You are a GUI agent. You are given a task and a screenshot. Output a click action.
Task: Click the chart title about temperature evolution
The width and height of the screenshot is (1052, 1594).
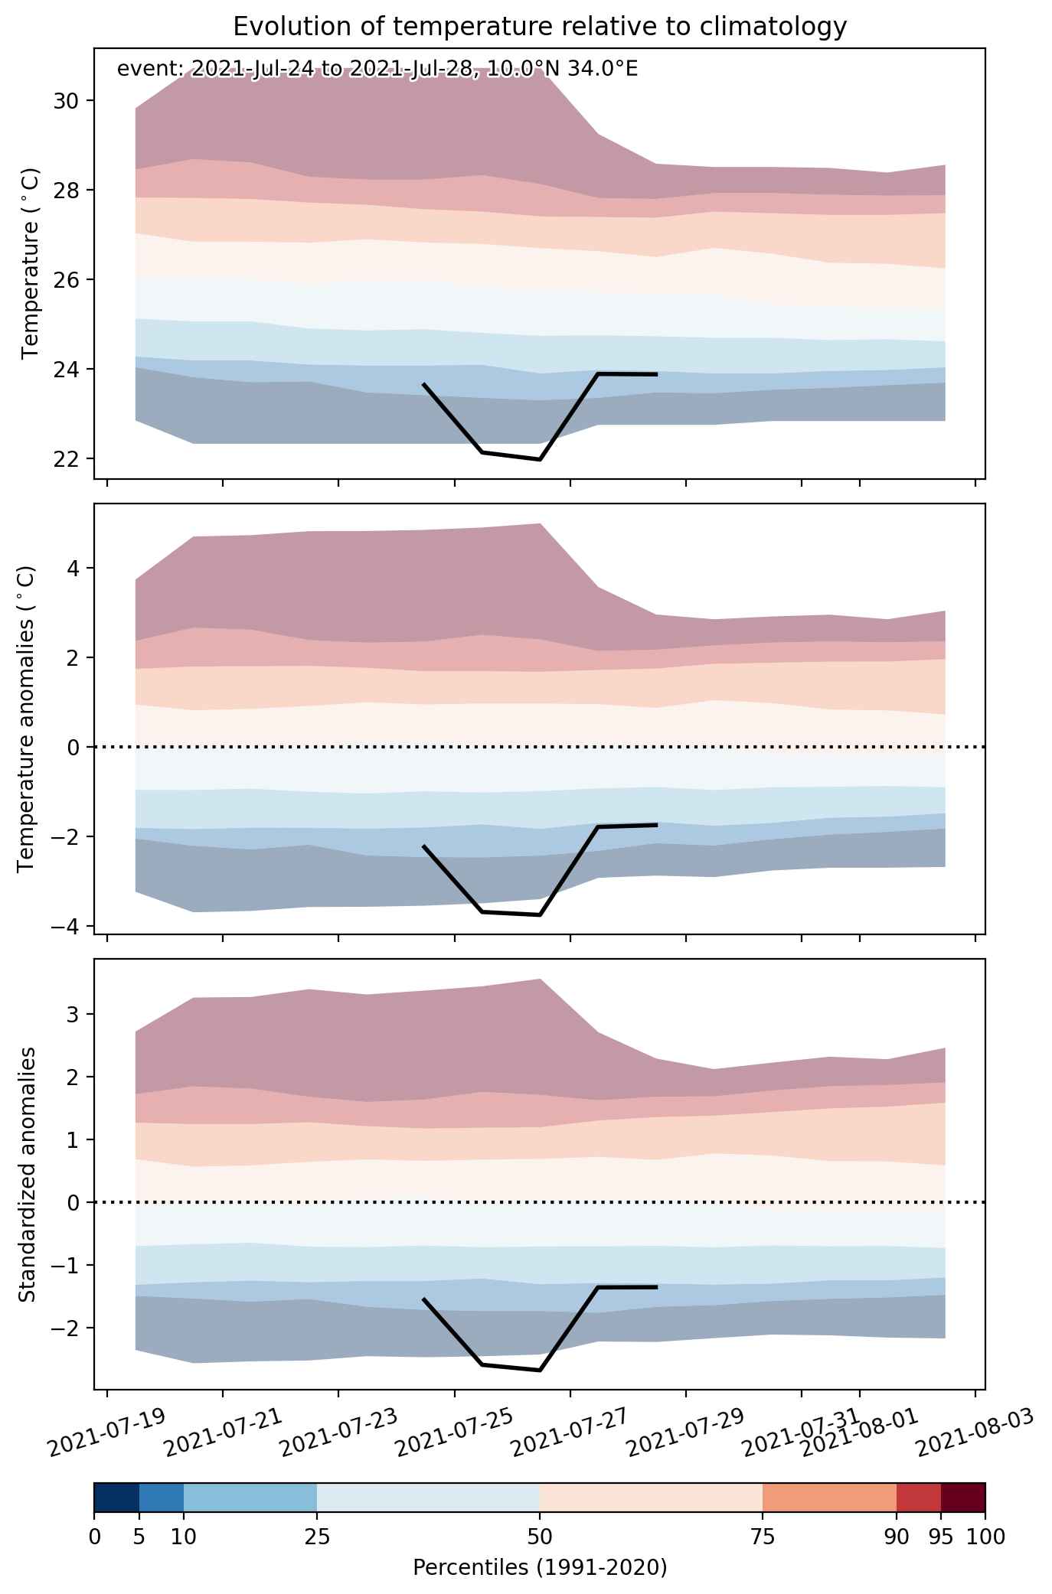540,27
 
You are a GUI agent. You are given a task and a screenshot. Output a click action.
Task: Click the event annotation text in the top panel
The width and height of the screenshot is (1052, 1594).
377,70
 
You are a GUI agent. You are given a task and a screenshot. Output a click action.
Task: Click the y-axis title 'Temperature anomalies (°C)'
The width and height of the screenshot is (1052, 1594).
27,719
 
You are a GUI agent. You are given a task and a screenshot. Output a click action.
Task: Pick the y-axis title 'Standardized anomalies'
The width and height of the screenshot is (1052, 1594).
27,1174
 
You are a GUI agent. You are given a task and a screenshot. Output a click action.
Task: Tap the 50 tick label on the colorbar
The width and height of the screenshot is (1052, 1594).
539,1537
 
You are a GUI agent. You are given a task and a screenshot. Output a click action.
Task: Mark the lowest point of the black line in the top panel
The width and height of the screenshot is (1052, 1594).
540,460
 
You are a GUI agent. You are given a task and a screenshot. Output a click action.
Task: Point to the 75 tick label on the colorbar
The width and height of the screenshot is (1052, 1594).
763,1537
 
